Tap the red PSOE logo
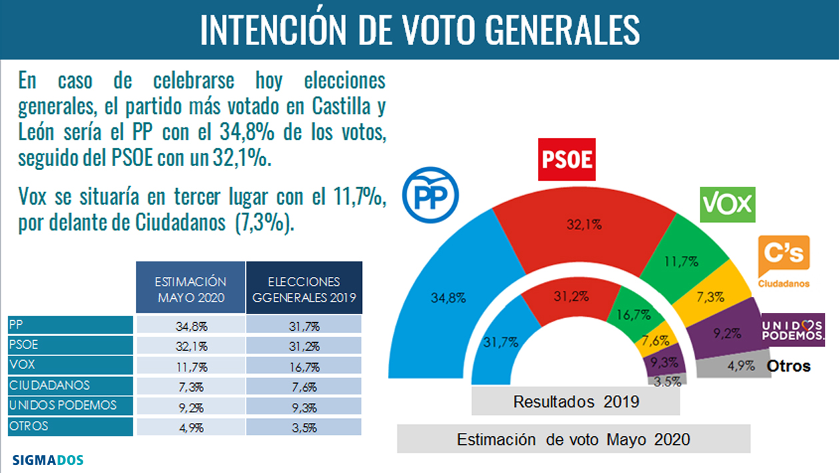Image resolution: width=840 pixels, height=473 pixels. tap(566, 159)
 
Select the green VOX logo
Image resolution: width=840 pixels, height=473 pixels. tap(727, 204)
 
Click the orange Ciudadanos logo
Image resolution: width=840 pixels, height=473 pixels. tap(784, 261)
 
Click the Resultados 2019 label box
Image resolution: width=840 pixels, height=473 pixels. tap(575, 402)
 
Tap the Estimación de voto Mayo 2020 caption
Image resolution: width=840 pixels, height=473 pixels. tap(573, 440)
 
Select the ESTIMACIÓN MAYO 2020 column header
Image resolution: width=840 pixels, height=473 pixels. tap(190, 288)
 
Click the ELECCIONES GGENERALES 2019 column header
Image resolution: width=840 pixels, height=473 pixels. tap(305, 288)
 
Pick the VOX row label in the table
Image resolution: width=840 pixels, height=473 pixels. tap(70, 366)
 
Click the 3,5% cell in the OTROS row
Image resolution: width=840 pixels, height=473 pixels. tap(305, 426)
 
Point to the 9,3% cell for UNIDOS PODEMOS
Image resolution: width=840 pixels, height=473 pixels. tap(305, 406)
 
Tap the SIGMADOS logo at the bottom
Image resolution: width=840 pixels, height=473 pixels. tap(48, 460)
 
